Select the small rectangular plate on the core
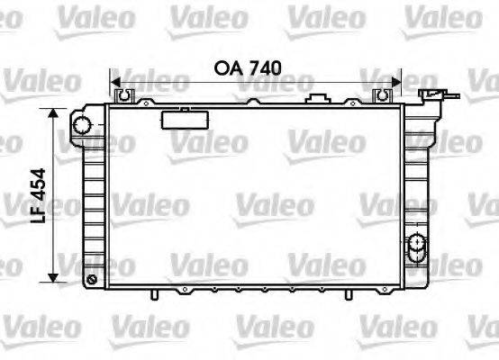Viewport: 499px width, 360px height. coord(187,119)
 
